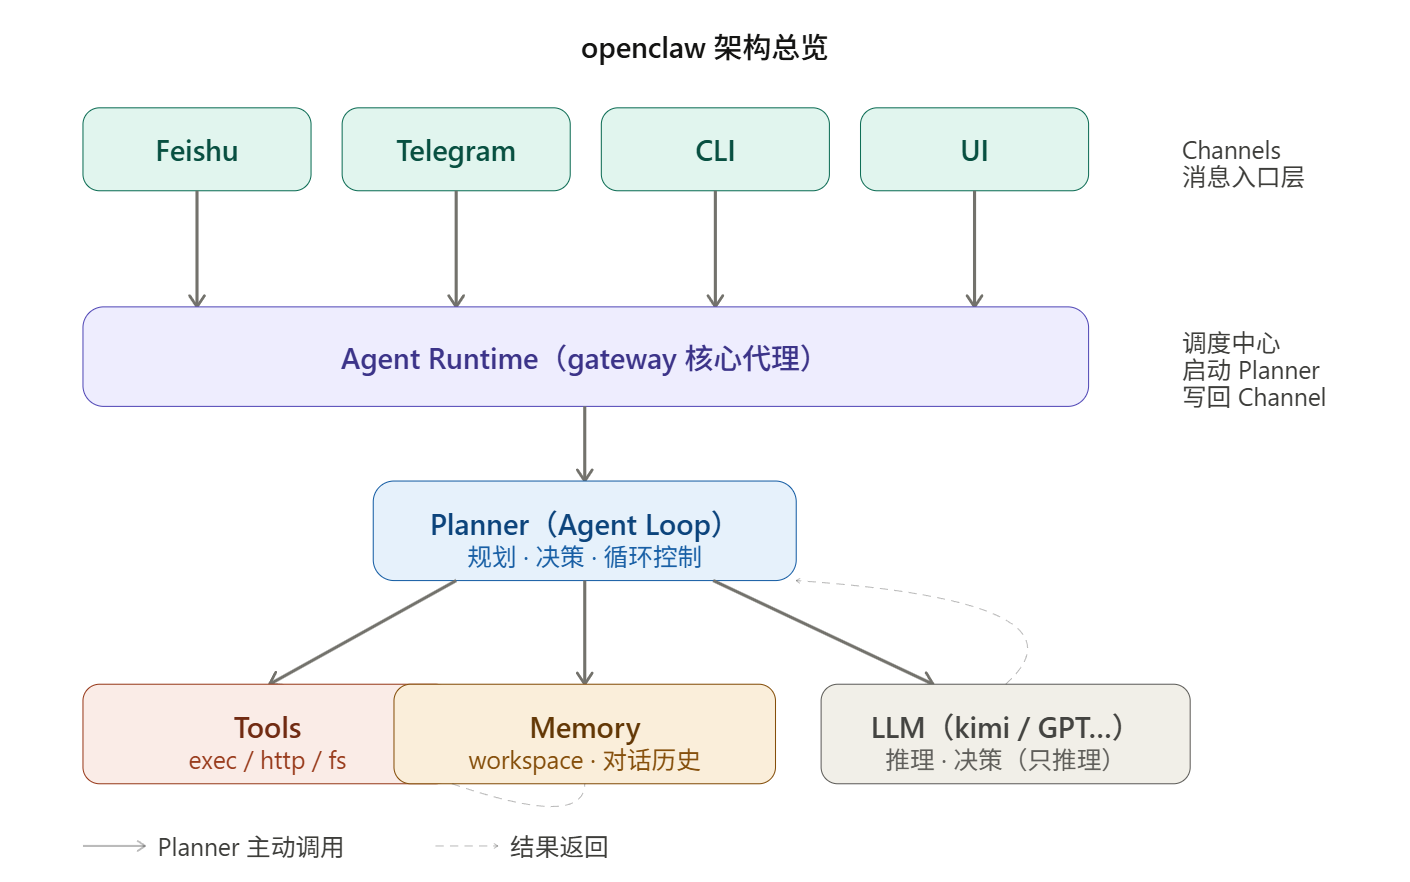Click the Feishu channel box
(x=197, y=150)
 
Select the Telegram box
(x=456, y=150)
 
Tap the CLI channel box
(x=715, y=150)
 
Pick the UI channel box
(x=974, y=150)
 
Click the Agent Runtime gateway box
(x=585, y=357)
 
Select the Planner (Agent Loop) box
(x=584, y=531)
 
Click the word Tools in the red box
(x=267, y=727)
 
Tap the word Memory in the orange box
(x=585, y=727)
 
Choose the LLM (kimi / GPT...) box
(x=1005, y=734)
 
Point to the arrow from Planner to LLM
(x=823, y=632)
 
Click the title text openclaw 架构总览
(x=704, y=48)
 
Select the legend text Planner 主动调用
(x=250, y=847)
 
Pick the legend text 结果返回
(x=558, y=847)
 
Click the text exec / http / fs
(x=267, y=761)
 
